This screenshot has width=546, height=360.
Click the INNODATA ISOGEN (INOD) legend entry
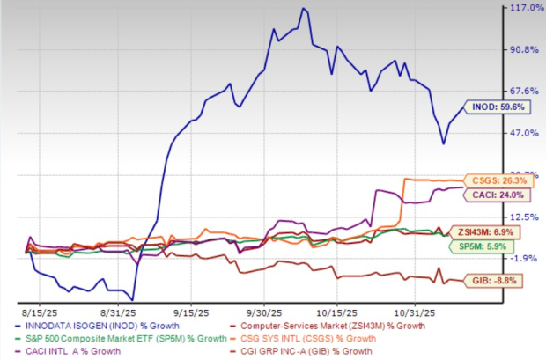tap(92, 325)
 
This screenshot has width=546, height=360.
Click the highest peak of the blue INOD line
tap(303, 9)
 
